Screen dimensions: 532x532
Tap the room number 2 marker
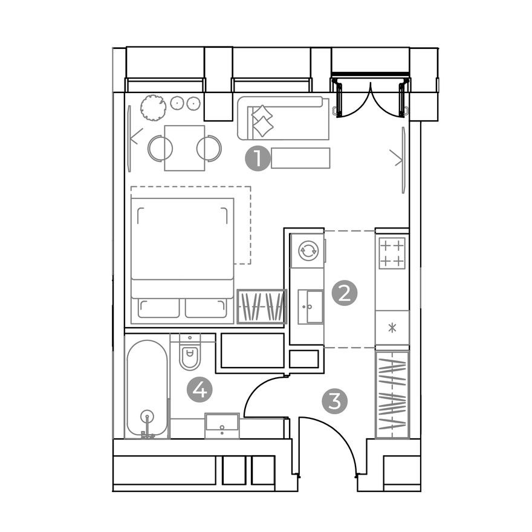pos(345,294)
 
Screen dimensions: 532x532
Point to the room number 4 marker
pos(199,390)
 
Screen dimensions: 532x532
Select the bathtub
pos(147,387)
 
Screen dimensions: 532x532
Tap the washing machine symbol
pos(308,250)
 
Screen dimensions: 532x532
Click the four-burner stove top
pos(392,253)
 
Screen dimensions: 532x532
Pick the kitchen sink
pos(310,307)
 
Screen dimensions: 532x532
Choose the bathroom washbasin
pos(222,425)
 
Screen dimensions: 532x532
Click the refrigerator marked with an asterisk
pos(392,328)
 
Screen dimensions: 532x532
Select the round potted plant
pos(153,108)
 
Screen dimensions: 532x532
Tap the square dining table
pos(184,148)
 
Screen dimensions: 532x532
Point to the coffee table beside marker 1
pos(300,158)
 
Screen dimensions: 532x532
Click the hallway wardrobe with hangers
pos(392,395)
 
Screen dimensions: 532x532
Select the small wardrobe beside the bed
pos(261,307)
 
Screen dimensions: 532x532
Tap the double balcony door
pos(370,97)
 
